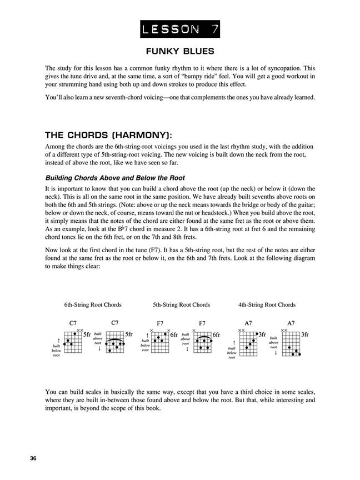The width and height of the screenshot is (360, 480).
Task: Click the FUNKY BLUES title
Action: [180, 51]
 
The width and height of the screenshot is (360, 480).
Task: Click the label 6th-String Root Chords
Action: [92, 304]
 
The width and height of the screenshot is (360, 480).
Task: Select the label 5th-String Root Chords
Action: [181, 304]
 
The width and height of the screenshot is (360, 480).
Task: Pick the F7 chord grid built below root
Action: [160, 341]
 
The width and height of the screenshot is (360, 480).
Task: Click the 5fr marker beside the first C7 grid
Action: [87, 334]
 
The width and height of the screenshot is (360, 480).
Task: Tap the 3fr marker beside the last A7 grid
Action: [305, 334]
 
